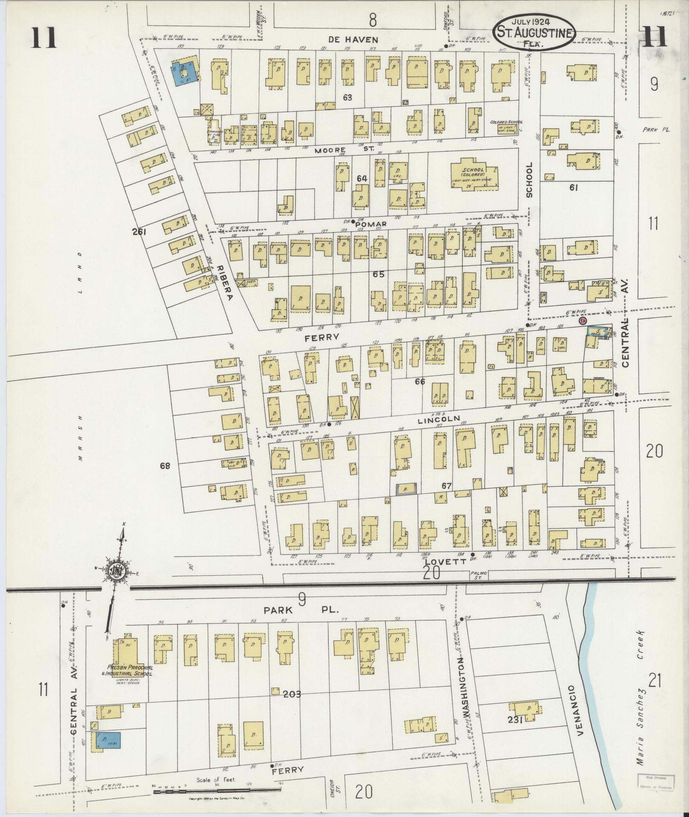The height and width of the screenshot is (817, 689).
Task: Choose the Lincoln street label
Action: click(439, 419)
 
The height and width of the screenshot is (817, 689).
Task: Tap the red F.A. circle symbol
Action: click(581, 321)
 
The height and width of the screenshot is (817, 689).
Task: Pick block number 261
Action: click(139, 232)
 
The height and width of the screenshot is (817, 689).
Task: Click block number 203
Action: click(291, 694)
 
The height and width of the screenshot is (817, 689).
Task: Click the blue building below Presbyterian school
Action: click(109, 740)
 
